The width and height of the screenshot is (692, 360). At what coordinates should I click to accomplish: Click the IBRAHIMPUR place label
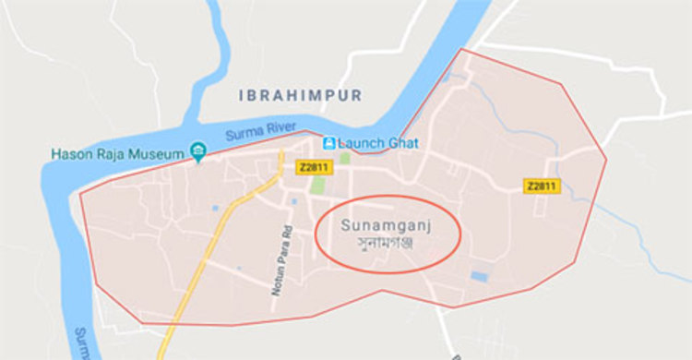[300, 95]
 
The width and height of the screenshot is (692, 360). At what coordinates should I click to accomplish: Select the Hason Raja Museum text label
[118, 153]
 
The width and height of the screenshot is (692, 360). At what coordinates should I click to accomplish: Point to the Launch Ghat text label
[378, 143]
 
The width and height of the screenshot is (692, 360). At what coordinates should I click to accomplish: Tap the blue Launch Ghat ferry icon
[327, 143]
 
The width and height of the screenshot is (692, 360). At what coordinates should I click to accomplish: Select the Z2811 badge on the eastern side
[542, 186]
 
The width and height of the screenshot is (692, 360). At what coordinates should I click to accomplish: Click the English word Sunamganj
[387, 224]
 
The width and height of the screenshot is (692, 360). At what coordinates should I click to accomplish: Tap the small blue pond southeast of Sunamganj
[478, 276]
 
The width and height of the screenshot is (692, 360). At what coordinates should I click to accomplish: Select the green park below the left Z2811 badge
[317, 184]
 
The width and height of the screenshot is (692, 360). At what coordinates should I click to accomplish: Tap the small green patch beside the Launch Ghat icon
[344, 158]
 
